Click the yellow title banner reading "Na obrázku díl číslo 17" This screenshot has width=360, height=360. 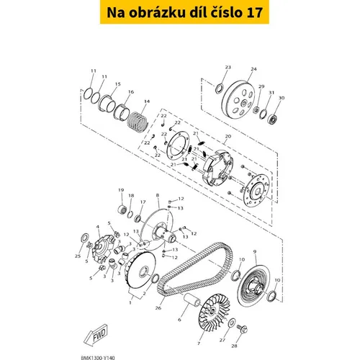(x=184, y=12)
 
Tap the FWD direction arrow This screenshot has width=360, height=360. (x=96, y=335)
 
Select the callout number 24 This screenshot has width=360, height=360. (x=253, y=69)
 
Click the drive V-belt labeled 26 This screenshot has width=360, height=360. (x=195, y=269)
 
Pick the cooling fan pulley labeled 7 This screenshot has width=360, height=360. (x=215, y=312)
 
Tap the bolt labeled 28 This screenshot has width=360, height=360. (x=242, y=328)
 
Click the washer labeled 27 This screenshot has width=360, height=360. (x=232, y=323)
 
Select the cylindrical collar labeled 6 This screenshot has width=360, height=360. (x=192, y=300)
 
